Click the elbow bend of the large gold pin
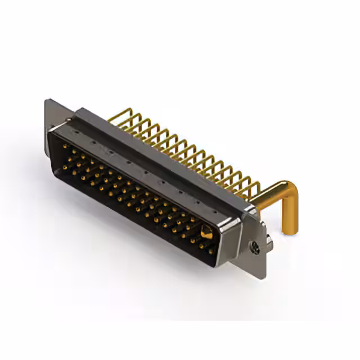[286, 190]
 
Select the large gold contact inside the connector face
[206, 232]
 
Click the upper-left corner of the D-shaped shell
[51, 130]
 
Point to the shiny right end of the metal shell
[225, 239]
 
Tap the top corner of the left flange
[47, 101]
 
